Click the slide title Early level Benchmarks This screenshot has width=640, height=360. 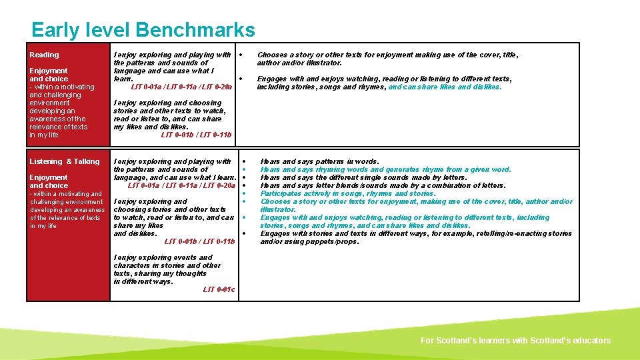point(143,30)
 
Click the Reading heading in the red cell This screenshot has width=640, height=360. point(44,55)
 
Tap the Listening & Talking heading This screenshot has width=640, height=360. point(64,161)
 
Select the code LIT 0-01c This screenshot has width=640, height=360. point(219,289)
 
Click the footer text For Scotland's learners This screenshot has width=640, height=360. point(515,341)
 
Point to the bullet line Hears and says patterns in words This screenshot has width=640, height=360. point(319,161)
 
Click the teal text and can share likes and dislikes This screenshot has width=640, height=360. point(445,87)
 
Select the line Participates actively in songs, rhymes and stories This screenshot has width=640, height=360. point(347,193)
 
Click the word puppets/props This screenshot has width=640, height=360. point(338,241)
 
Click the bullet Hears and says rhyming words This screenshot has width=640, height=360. point(385,169)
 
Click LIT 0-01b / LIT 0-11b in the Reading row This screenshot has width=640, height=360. point(197,135)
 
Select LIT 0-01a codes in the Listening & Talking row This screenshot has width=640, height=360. point(181,185)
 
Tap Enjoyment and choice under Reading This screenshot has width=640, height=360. point(48,75)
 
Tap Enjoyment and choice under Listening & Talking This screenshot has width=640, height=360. point(48,181)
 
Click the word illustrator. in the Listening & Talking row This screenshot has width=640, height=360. point(278,209)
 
